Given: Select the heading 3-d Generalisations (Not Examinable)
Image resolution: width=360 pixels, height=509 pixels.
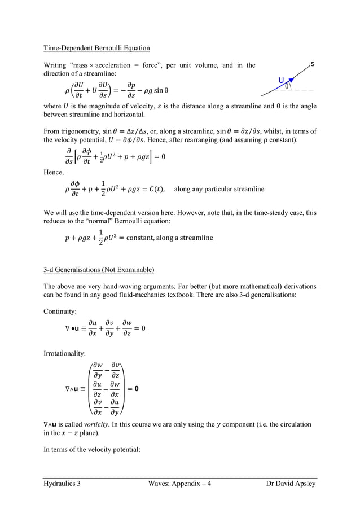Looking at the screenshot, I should (99, 268).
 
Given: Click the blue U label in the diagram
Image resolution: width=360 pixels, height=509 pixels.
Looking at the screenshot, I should (281, 80).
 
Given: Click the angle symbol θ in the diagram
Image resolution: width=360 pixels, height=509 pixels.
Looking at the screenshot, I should (287, 86).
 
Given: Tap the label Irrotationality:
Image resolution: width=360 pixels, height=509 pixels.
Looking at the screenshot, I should (65, 353).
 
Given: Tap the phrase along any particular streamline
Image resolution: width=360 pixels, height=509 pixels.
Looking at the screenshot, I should (219, 190).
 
